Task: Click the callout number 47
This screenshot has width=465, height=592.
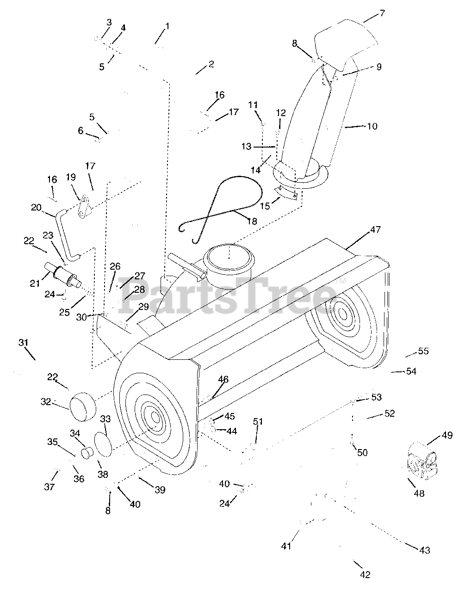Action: tap(375, 229)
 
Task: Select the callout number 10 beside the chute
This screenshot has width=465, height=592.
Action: tap(372, 126)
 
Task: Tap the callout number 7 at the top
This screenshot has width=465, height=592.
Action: tap(382, 13)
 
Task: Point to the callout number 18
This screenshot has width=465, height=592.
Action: tap(252, 221)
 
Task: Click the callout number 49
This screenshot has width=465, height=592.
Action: tap(446, 435)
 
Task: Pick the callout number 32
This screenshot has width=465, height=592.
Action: tap(45, 402)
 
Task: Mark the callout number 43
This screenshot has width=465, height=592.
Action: tap(424, 550)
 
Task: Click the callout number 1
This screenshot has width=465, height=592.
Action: tap(167, 26)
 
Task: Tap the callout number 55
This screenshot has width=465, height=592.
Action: tap(423, 351)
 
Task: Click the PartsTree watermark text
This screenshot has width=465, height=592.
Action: tap(227, 294)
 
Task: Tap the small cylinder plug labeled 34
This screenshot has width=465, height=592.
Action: tap(87, 453)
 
